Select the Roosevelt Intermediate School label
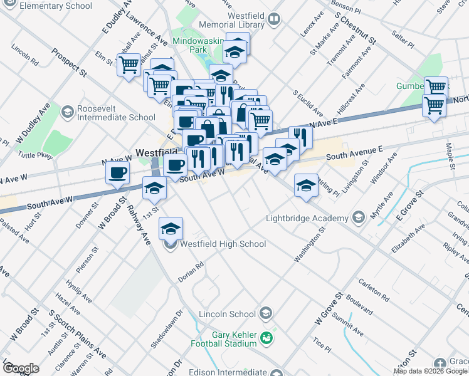click(x=116, y=112)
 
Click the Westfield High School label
click(x=223, y=244)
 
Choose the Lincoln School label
click(x=227, y=314)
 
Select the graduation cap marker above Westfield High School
click(x=170, y=229)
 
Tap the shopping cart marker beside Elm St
click(x=129, y=64)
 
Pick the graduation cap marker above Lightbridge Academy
click(x=306, y=185)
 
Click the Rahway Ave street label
click(x=138, y=223)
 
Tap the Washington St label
click(x=310, y=245)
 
